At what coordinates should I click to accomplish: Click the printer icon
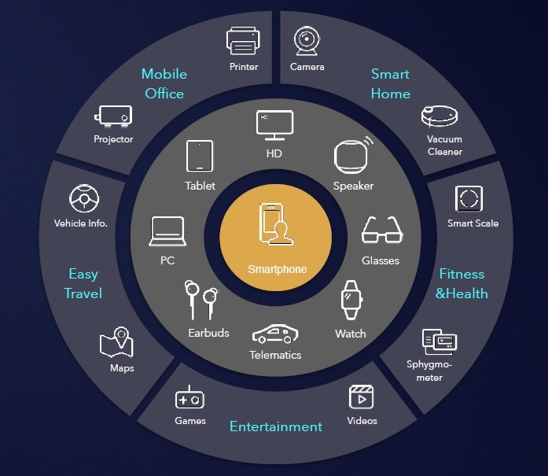(243, 41)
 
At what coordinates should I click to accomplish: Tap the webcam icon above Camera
(307, 41)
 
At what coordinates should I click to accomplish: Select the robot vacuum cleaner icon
(440, 116)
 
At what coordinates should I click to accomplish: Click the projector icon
(113, 116)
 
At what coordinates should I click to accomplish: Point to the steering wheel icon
(84, 198)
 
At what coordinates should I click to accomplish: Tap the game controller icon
(189, 397)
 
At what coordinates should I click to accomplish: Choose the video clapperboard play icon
(361, 397)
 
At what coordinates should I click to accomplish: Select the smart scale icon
(469, 198)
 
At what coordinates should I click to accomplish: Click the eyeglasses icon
(382, 230)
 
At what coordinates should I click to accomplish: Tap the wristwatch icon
(351, 300)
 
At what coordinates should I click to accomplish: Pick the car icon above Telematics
(275, 334)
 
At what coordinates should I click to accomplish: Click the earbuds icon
(201, 300)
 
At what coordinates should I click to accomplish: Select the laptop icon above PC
(167, 231)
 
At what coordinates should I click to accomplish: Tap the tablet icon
(200, 156)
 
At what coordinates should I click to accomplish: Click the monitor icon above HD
(274, 125)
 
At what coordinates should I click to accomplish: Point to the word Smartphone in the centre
(278, 269)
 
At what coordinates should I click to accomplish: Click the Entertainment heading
(276, 426)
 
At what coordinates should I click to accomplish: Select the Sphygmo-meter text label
(429, 371)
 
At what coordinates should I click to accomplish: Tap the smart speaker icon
(353, 155)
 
